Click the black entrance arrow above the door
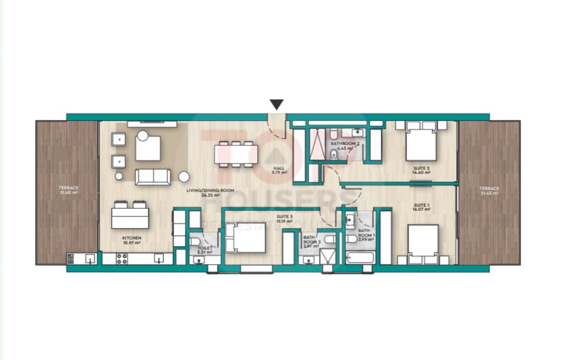pyautogui.click(x=276, y=104)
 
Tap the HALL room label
pyautogui.click(x=279, y=170)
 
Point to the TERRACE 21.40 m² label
pyautogui.click(x=69, y=191)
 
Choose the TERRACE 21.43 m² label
pyautogui.click(x=488, y=191)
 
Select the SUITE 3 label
pyautogui.click(x=284, y=218)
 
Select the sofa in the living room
pyautogui.click(x=153, y=177)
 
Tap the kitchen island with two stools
pyautogui.click(x=130, y=218)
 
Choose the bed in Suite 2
pyautogui.click(x=421, y=143)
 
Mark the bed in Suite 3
pyautogui.click(x=246, y=238)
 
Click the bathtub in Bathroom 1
pyautogui.click(x=360, y=259)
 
